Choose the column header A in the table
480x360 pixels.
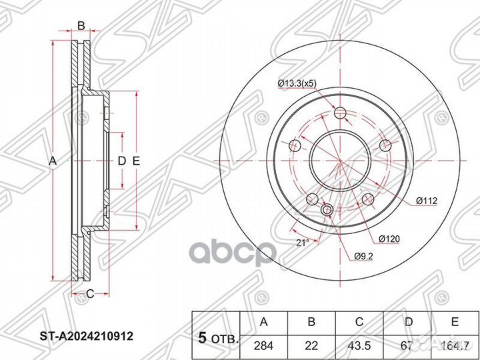(x=263, y=323)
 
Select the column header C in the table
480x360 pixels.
(x=359, y=323)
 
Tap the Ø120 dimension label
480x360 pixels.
(x=389, y=238)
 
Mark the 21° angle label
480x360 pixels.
(x=303, y=243)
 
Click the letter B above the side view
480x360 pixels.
(x=81, y=26)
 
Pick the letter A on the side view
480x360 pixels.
(x=53, y=161)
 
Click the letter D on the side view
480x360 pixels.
(x=121, y=161)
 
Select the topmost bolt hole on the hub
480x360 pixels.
(x=341, y=112)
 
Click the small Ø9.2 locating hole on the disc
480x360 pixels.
(x=327, y=211)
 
